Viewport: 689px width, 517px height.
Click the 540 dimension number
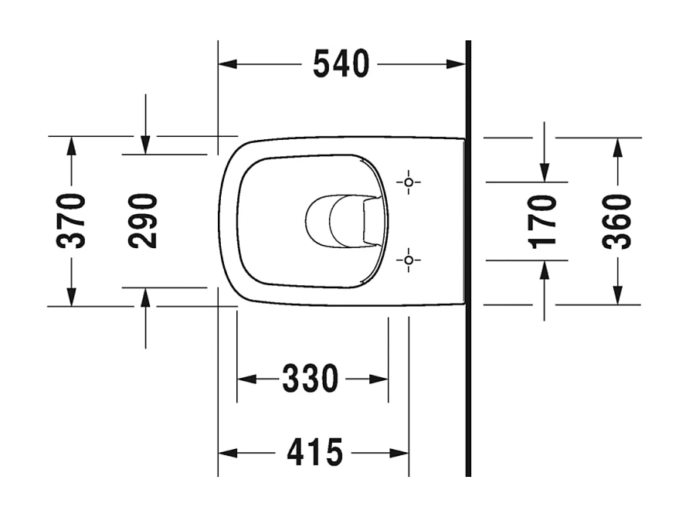coord(341,64)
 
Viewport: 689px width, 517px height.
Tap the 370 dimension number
coord(72,220)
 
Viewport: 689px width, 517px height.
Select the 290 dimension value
coord(144,220)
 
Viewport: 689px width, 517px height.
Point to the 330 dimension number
coord(311,379)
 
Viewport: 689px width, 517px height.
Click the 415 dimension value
coord(314,452)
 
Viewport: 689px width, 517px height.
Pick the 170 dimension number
coord(545,220)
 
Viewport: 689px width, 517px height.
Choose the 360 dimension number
coord(617,220)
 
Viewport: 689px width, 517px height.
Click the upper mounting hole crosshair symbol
coord(409,182)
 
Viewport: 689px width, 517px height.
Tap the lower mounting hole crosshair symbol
coord(409,260)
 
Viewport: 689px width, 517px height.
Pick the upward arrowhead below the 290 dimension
coord(145,297)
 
